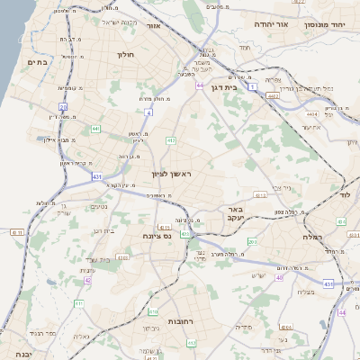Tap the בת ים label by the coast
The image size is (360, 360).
click(x=37, y=62)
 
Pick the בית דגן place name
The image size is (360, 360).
click(x=237, y=88)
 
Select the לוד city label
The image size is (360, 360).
click(x=346, y=193)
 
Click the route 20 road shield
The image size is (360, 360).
click(x=63, y=106)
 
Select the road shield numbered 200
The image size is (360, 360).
click(x=252, y=242)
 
